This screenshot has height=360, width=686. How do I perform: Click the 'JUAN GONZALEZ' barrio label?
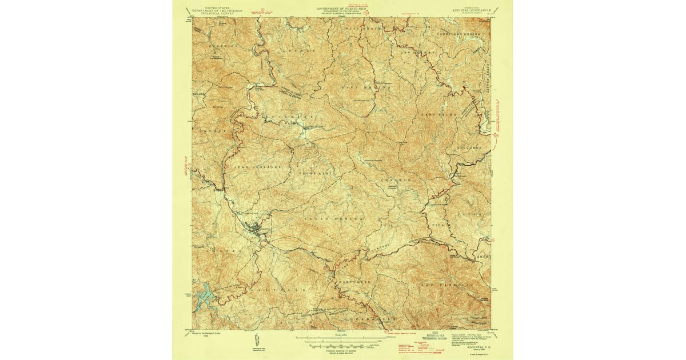258,166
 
